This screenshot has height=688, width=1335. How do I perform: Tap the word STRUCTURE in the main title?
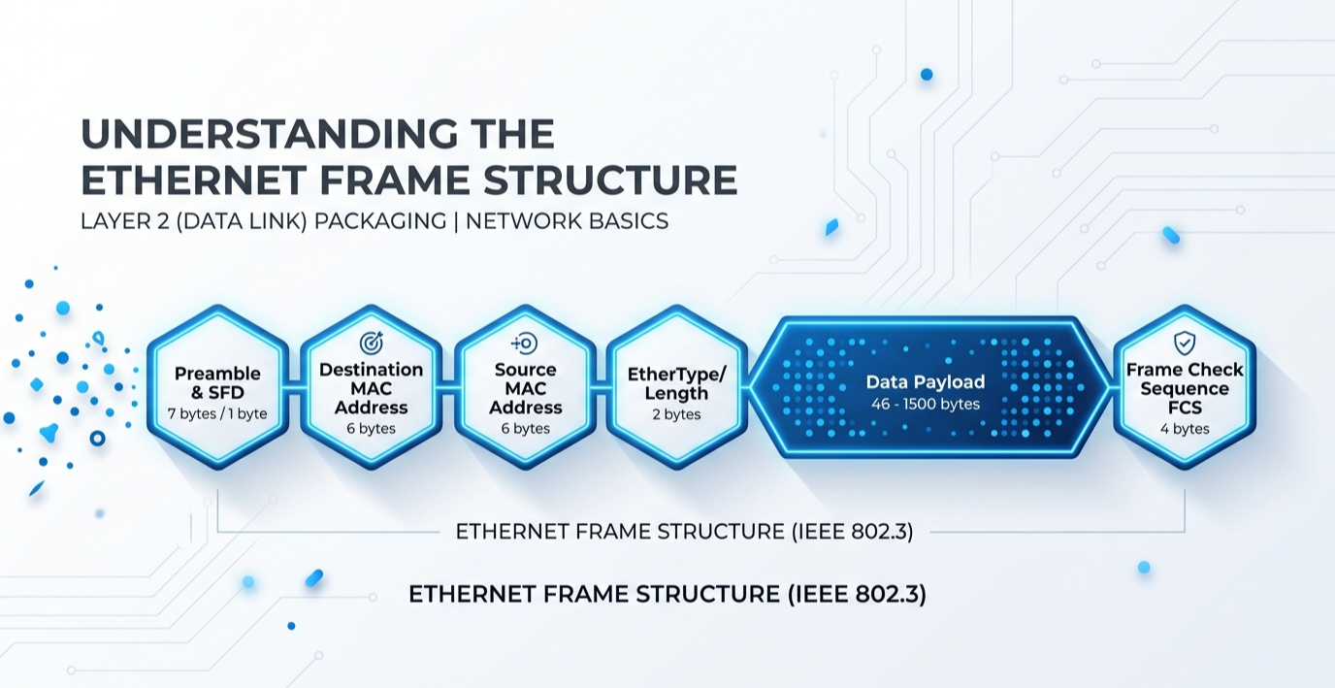(x=610, y=180)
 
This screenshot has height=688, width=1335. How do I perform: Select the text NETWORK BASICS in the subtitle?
(x=567, y=221)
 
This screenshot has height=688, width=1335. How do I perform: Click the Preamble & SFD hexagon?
(x=217, y=387)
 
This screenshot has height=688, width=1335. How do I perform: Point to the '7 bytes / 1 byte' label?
(x=217, y=413)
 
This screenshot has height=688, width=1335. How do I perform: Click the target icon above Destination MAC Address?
(x=372, y=343)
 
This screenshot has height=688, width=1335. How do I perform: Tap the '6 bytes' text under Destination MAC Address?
(x=372, y=429)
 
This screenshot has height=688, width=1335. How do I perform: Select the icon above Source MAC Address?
(x=525, y=344)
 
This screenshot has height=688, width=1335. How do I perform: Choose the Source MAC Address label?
(x=525, y=389)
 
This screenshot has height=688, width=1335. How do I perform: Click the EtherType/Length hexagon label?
(x=677, y=384)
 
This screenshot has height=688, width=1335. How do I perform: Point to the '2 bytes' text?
(x=677, y=414)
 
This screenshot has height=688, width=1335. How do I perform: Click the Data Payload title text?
(x=926, y=382)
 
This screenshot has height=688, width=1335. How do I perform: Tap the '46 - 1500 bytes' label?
(x=926, y=405)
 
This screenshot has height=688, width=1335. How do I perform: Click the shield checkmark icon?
(x=1185, y=343)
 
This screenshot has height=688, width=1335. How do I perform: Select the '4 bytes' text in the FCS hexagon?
(x=1185, y=429)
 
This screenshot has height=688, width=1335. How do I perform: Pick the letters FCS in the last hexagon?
(x=1185, y=408)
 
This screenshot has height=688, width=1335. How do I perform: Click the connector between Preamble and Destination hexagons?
(x=295, y=389)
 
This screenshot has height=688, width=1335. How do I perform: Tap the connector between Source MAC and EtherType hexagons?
(x=602, y=389)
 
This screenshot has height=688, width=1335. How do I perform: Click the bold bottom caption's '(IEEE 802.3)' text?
(x=857, y=595)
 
